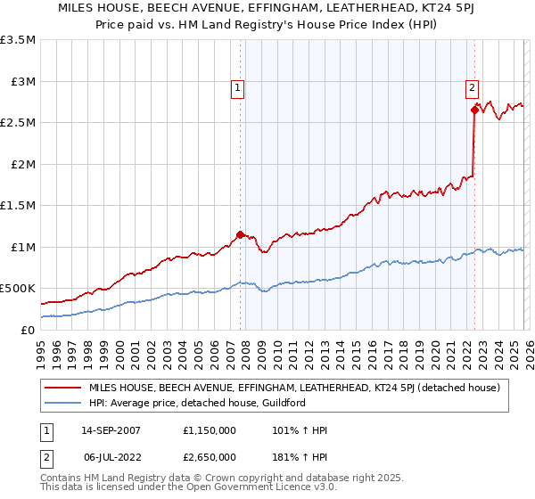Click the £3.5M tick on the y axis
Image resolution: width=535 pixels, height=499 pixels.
(21, 40)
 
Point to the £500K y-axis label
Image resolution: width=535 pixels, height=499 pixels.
(18, 289)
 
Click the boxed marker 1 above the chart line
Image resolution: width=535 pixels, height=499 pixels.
(239, 87)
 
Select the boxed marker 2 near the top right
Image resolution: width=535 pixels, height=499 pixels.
(471, 87)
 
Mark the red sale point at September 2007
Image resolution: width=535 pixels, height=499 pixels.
(240, 234)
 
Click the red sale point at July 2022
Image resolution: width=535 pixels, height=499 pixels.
(474, 110)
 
